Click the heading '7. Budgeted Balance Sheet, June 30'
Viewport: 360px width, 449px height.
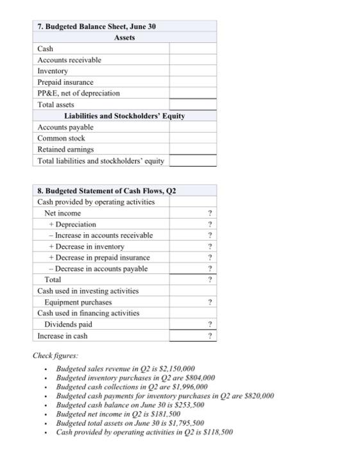tap(96, 26)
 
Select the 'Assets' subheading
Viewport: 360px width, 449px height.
tap(125, 37)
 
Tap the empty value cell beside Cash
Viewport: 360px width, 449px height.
tap(193, 49)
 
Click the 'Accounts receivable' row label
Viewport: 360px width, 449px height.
tap(69, 60)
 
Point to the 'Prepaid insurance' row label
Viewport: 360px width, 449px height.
tap(65, 82)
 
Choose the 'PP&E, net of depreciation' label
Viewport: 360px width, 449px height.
tap(78, 93)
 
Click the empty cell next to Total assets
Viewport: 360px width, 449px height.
tap(193, 104)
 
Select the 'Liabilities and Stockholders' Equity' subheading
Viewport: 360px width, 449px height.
tap(124, 115)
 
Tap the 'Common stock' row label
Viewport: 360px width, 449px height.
tap(61, 138)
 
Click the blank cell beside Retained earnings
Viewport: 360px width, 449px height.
tap(193, 149)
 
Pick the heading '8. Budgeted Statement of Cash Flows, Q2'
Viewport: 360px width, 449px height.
tap(107, 191)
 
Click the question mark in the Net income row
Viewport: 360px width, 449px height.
tap(210, 213)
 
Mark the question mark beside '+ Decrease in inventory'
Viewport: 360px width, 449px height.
tap(210, 246)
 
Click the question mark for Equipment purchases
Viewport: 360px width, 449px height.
tap(210, 302)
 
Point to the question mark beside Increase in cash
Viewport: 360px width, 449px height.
tap(210, 335)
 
